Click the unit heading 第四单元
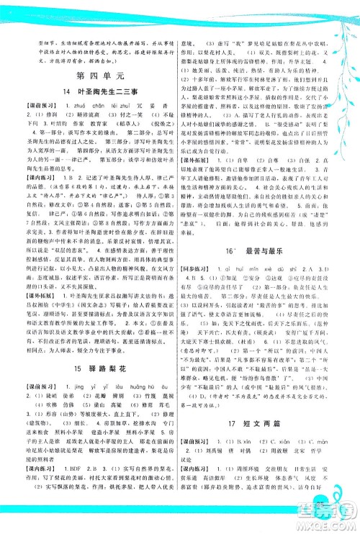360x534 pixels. [x=94, y=74]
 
